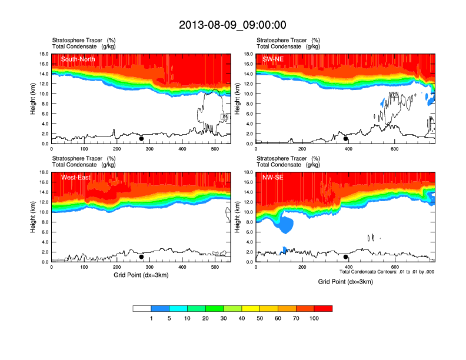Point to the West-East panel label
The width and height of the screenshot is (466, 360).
click(x=75, y=177)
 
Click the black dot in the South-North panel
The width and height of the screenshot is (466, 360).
click(x=141, y=139)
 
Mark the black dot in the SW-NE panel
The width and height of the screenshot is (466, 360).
click(x=346, y=139)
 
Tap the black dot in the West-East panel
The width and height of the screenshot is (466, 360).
click(x=141, y=257)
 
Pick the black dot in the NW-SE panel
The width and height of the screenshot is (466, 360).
click(x=346, y=257)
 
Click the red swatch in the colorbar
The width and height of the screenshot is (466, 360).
click(x=323, y=308)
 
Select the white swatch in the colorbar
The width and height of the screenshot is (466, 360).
click(x=142, y=308)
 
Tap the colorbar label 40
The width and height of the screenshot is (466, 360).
click(x=242, y=318)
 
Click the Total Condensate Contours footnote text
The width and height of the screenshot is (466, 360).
click(x=387, y=272)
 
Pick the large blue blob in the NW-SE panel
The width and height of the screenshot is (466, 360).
click(x=284, y=223)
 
